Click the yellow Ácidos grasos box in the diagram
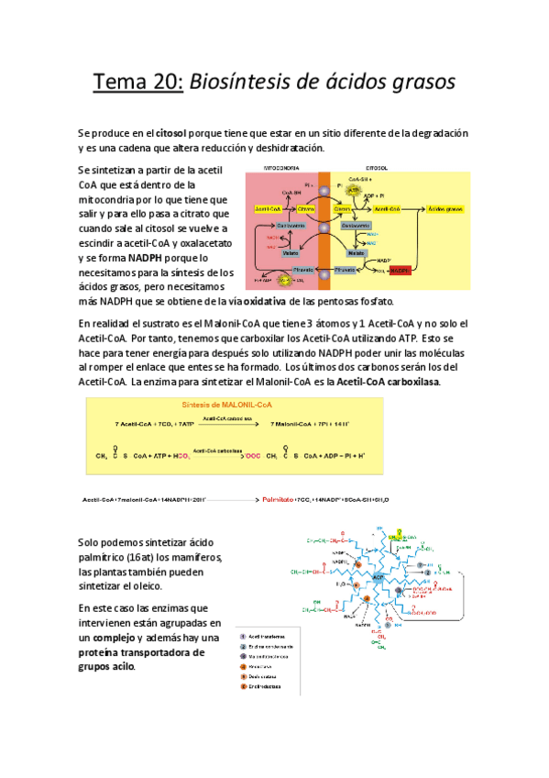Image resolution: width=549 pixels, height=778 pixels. point(445,209)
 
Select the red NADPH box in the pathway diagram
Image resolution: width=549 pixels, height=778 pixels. point(400,271)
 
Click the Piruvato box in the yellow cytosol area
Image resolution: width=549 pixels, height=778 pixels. point(346,271)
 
